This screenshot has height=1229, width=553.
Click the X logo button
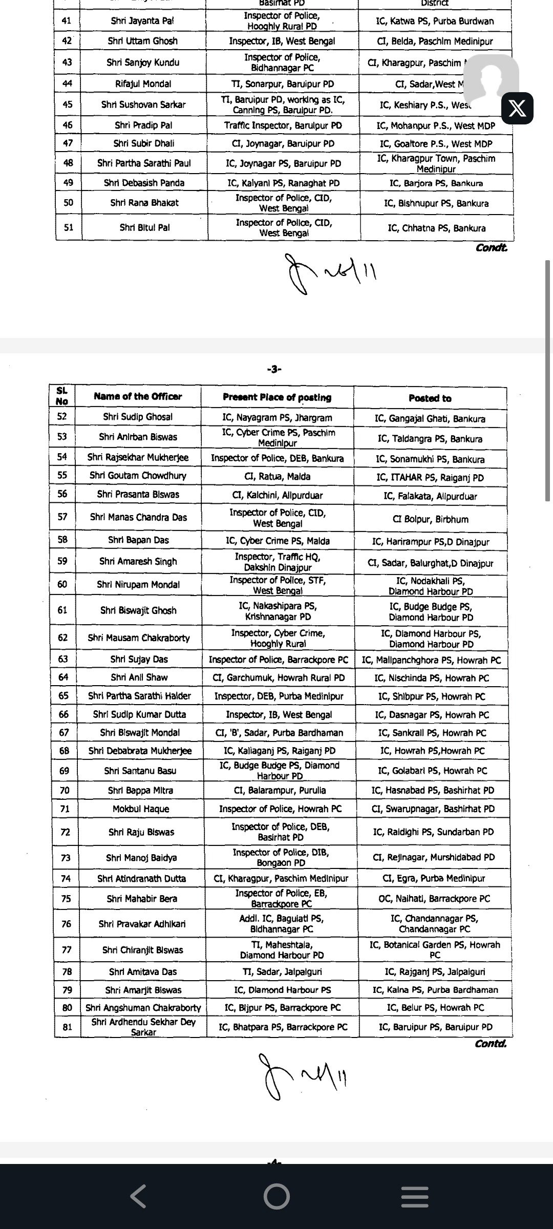[x=517, y=109]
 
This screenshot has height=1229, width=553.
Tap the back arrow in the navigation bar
[x=138, y=1196]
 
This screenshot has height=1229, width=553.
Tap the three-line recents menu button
[x=414, y=1196]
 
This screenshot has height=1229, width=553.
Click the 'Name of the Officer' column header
[x=138, y=396]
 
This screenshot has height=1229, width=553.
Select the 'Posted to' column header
[x=430, y=398]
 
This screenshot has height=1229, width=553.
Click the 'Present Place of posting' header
[x=277, y=397]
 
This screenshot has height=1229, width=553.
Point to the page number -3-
[x=274, y=369]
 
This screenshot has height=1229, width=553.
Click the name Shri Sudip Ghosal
[x=138, y=417]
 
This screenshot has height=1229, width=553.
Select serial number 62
[x=62, y=638]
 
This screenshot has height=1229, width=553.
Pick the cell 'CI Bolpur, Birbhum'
[x=430, y=519]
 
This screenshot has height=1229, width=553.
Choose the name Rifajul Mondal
[x=143, y=83]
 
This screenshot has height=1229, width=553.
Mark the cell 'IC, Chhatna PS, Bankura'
[x=437, y=228]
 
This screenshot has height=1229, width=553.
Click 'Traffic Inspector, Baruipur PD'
[x=283, y=125]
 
